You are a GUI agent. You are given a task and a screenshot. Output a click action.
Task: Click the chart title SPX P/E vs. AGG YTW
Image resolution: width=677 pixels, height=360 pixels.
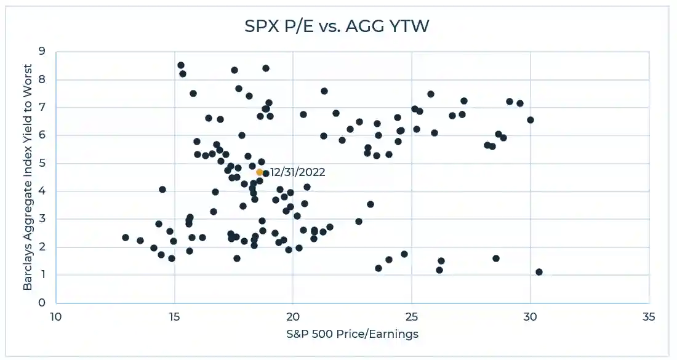pyautogui.click(x=338, y=27)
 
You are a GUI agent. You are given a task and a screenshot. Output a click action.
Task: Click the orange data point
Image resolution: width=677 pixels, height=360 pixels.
pyautogui.click(x=260, y=172)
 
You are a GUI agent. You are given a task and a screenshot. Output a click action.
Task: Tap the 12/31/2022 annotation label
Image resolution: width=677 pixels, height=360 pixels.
pyautogui.click(x=297, y=172)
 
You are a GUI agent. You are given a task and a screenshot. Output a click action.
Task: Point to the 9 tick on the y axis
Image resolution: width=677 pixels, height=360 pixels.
pyautogui.click(x=42, y=52)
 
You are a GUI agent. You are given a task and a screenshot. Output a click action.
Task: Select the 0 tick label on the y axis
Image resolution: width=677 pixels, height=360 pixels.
pyautogui.click(x=42, y=303)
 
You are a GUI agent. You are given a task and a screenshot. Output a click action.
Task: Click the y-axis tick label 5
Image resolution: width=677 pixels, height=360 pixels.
pyautogui.click(x=42, y=163)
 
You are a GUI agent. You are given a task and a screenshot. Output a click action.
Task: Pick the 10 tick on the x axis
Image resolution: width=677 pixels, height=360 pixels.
pyautogui.click(x=55, y=317)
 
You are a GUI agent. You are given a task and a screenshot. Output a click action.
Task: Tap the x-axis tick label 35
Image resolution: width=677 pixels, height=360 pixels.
pyautogui.click(x=649, y=317)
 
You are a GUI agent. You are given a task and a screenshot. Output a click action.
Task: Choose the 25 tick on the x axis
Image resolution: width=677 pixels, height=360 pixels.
pyautogui.click(x=411, y=317)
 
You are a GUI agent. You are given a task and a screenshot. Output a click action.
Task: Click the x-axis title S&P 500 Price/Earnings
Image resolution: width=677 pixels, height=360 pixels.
pyautogui.click(x=352, y=334)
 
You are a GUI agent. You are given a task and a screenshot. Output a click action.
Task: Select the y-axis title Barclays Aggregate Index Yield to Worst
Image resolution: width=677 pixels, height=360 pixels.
pyautogui.click(x=28, y=177)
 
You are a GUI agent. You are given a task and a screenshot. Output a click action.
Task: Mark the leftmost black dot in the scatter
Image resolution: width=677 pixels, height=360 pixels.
pyautogui.click(x=126, y=238)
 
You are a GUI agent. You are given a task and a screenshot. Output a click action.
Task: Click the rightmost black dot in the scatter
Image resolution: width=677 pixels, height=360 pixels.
pyautogui.click(x=539, y=272)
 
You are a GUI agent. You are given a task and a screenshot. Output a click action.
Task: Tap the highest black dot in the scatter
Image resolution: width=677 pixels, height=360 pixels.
pyautogui.click(x=181, y=65)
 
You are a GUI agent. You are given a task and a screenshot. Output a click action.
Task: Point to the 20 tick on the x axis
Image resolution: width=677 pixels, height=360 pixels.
pyautogui.click(x=293, y=317)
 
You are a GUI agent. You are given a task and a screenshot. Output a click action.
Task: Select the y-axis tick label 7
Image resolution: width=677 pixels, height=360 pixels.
pyautogui.click(x=42, y=108)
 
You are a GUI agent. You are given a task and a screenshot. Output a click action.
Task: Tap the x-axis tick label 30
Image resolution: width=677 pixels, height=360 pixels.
pyautogui.click(x=530, y=317)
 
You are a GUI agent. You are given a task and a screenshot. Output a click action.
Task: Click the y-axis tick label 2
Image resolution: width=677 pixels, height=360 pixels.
pyautogui.click(x=42, y=247)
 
